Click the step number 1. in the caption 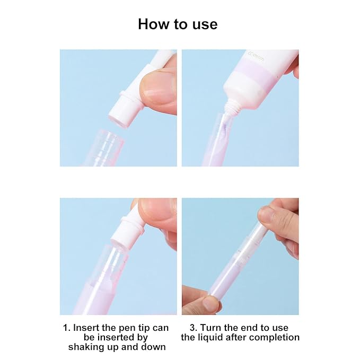click(67, 328)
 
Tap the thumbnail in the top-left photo click(160, 85)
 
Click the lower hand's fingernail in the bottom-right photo click(210, 304)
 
